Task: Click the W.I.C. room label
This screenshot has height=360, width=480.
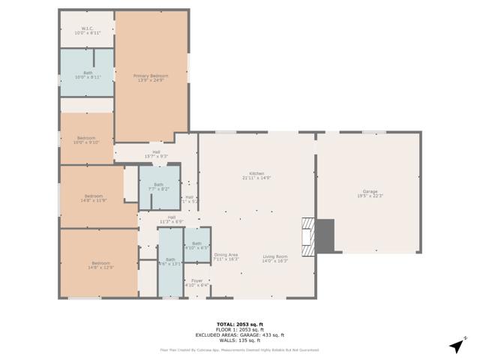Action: pyautogui.click(x=87, y=31)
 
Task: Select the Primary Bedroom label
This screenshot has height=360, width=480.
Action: pyautogui.click(x=151, y=77)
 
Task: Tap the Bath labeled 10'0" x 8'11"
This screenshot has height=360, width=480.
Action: pyautogui.click(x=88, y=74)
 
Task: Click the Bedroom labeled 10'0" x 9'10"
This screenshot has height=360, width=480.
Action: pyautogui.click(x=86, y=139)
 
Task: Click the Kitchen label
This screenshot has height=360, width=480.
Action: pyautogui.click(x=256, y=176)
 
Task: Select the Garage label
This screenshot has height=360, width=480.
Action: pyautogui.click(x=370, y=193)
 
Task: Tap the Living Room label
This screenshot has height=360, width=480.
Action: pyautogui.click(x=274, y=259)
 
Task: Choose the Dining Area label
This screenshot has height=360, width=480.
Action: pyautogui.click(x=226, y=256)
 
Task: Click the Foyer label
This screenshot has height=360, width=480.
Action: pyautogui.click(x=196, y=283)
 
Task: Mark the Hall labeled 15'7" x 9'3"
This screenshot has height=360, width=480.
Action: pyautogui.click(x=156, y=154)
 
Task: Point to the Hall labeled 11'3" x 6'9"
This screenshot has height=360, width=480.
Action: pyautogui.click(x=171, y=220)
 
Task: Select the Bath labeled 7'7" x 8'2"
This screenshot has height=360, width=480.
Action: pyautogui.click(x=158, y=187)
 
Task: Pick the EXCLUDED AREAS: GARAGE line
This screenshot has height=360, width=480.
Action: pyautogui.click(x=239, y=334)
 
